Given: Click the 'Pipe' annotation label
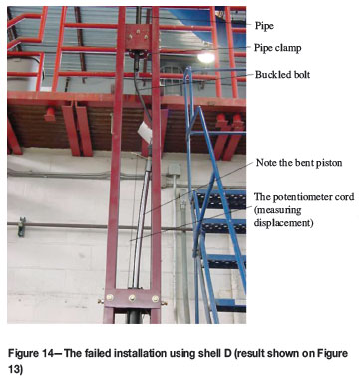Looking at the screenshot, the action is (x=264, y=26).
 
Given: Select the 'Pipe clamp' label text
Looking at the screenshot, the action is (x=278, y=48).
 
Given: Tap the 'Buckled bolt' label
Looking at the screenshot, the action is (x=282, y=74).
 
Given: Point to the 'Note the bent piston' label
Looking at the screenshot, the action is (x=299, y=163).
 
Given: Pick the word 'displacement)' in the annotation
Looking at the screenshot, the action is (x=283, y=223).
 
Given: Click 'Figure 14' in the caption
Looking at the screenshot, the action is (x=31, y=353).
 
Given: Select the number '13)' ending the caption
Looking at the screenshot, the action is (x=15, y=370).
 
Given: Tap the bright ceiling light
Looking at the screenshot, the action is (x=206, y=58).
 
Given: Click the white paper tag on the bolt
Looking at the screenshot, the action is (x=145, y=131).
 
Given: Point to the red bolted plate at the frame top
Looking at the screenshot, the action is (x=138, y=36).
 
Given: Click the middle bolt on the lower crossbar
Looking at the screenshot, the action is (x=133, y=298).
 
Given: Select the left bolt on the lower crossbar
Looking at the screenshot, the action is (x=110, y=297).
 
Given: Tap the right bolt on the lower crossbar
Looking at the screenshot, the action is (x=155, y=298).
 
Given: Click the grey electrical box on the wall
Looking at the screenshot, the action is (x=175, y=169).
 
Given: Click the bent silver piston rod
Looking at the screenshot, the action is (x=141, y=226).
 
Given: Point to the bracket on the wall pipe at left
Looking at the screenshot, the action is (x=22, y=227).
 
